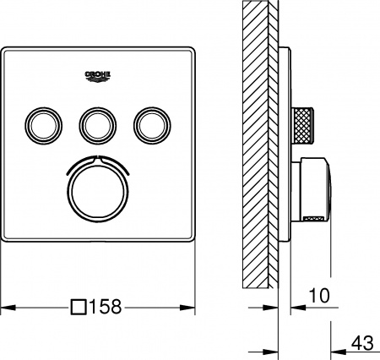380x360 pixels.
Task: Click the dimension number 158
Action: coord(107,307)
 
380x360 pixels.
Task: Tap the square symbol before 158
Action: coord(79,307)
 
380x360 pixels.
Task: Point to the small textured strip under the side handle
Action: coord(313,220)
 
